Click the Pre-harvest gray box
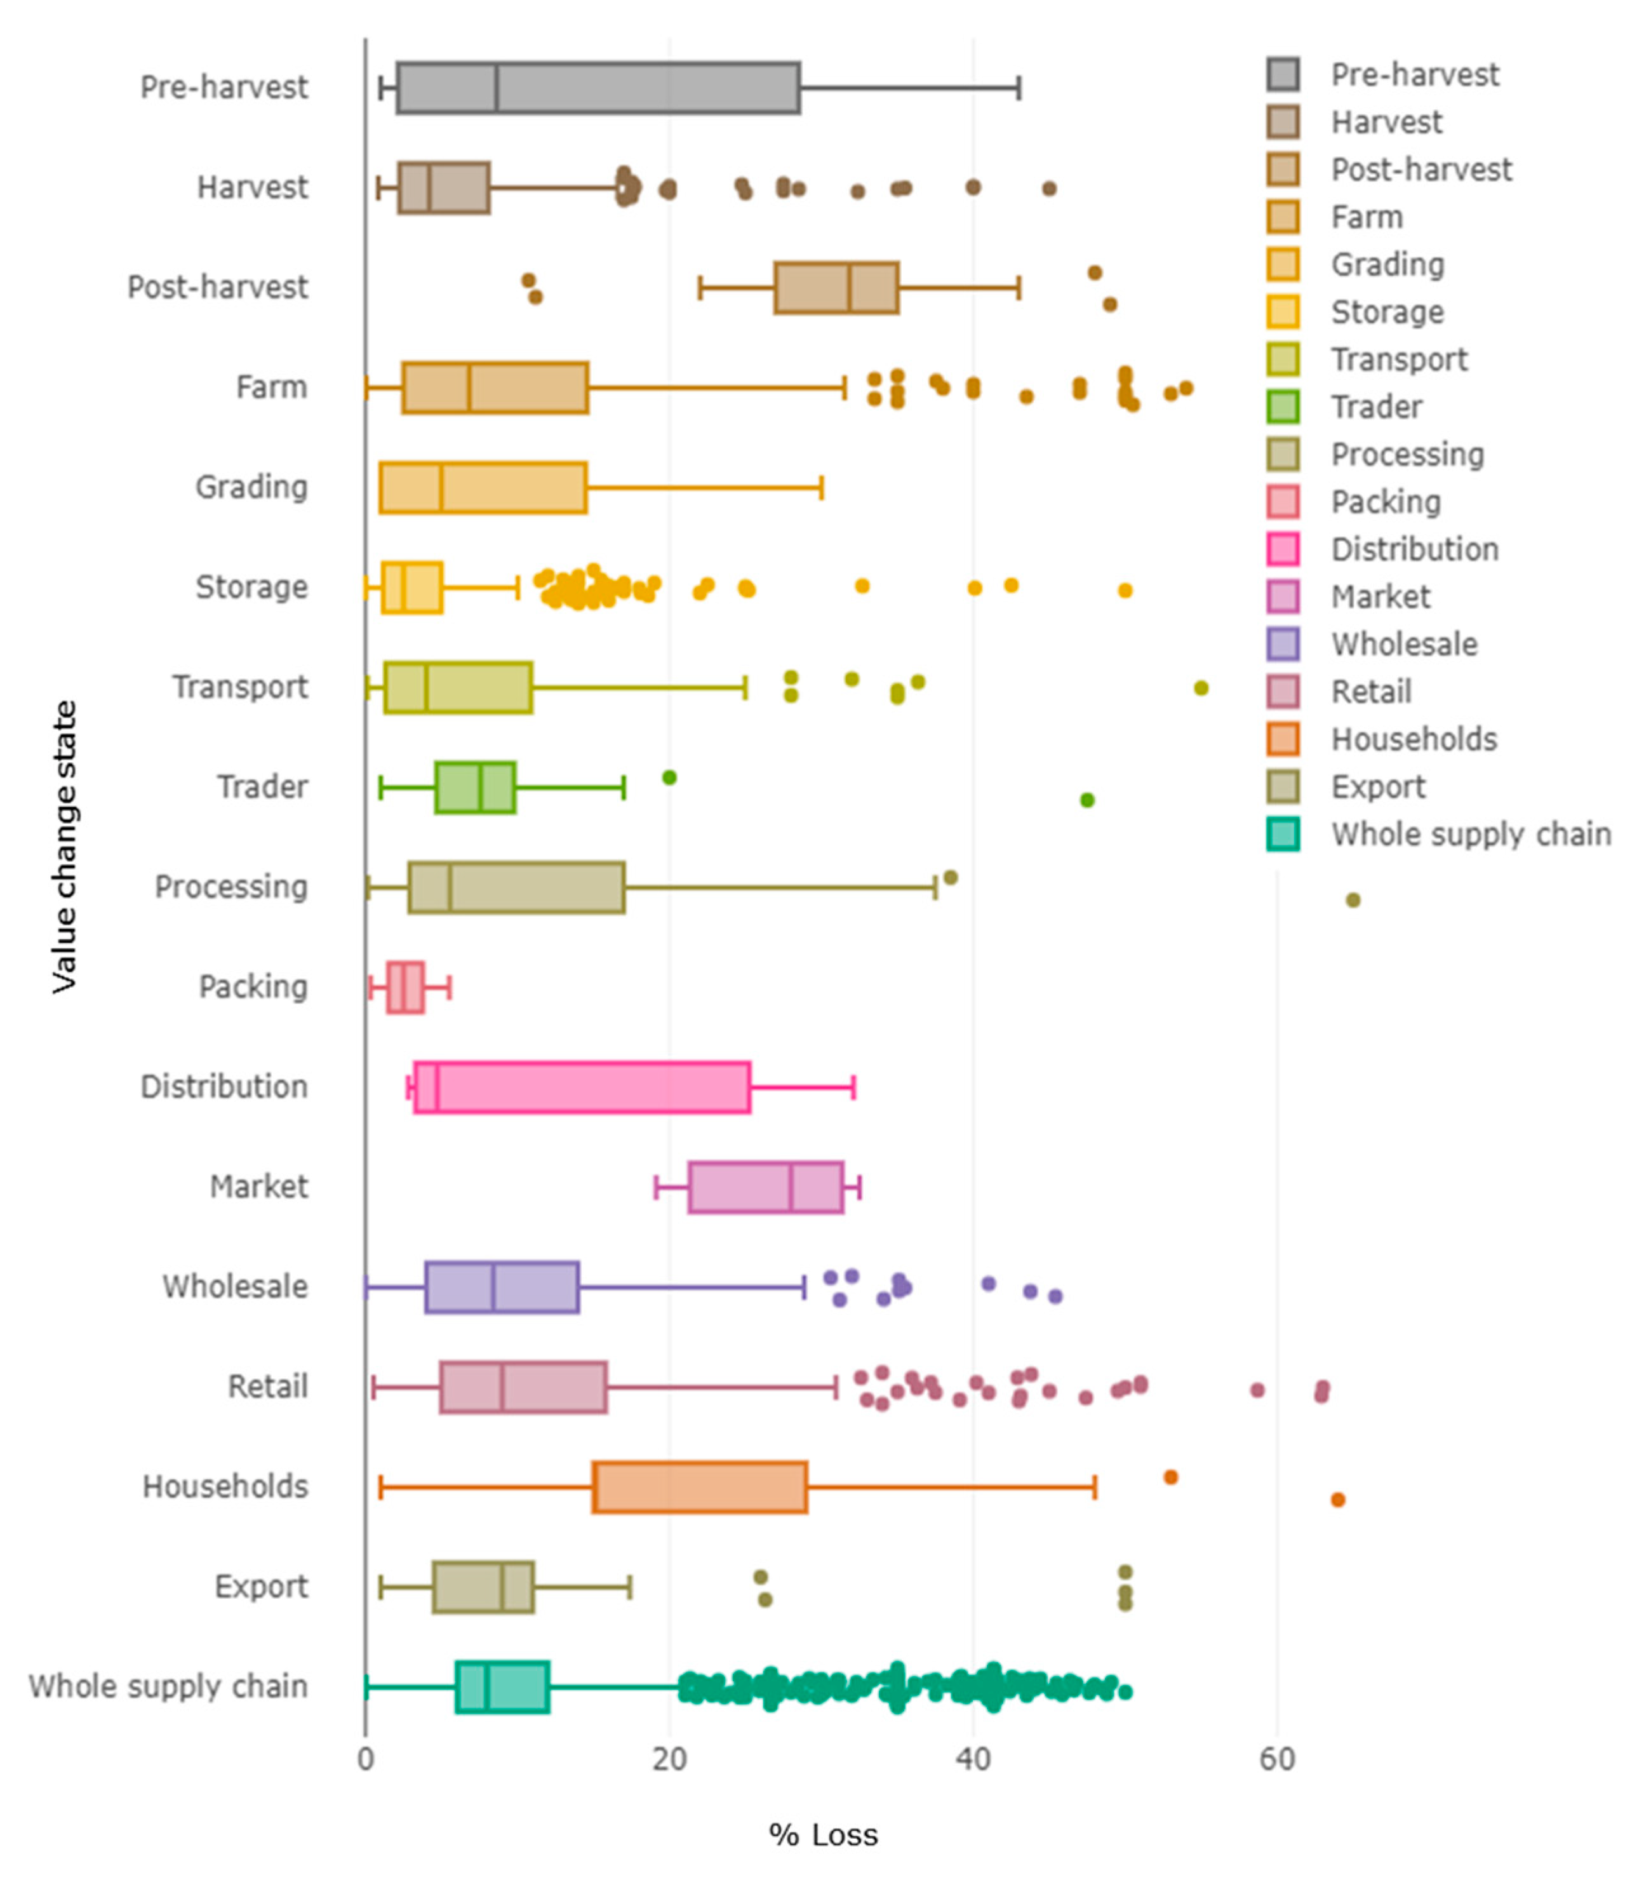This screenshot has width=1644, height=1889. [x=598, y=88]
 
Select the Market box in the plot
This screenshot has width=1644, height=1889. [x=765, y=1187]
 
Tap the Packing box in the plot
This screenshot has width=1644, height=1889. [x=406, y=987]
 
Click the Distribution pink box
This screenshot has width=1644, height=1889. [x=582, y=1087]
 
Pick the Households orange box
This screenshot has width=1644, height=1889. [x=699, y=1487]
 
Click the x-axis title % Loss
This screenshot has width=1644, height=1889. [x=823, y=1835]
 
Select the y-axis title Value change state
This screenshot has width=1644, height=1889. [x=64, y=846]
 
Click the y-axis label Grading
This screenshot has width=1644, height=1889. [x=251, y=487]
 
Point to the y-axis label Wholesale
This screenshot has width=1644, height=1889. [x=235, y=1286]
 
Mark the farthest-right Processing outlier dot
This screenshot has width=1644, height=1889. [x=1353, y=900]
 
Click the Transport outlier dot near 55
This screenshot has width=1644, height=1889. [x=1201, y=688]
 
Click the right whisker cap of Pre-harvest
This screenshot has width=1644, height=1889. [x=1019, y=88]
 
